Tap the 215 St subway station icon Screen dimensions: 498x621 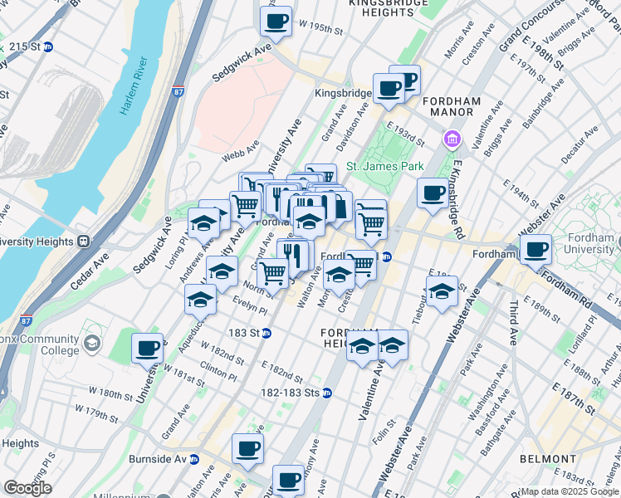pyautogui.click(x=48, y=47)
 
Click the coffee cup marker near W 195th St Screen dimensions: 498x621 pyautogui.click(x=276, y=22)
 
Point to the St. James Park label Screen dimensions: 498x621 pyautogui.click(x=384, y=166)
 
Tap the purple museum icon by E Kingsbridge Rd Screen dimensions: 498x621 pyautogui.click(x=452, y=138)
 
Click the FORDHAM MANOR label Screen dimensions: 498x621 pyautogui.click(x=452, y=102)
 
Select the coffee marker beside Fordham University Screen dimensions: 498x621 pyautogui.click(x=535, y=248)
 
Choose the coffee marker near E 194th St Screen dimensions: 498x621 pyautogui.click(x=432, y=193)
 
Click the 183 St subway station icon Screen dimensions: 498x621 pyautogui.click(x=266, y=333)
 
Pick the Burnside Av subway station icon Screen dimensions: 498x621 pyautogui.click(x=194, y=459)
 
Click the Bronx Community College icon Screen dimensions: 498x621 pyautogui.click(x=91, y=342)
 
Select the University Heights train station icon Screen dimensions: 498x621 pyautogui.click(x=83, y=242)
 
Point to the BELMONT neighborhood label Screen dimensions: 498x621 pyautogui.click(x=547, y=459)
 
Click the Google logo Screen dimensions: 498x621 pyautogui.click(x=27, y=488)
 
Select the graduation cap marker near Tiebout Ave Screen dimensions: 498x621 pyautogui.click(x=442, y=292)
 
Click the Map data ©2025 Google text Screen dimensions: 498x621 pyautogui.click(x=569, y=491)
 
